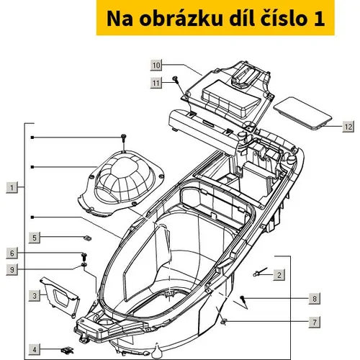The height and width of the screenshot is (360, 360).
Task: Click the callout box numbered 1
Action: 12,187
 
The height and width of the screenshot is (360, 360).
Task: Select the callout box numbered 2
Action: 279,275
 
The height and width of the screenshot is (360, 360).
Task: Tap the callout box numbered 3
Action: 35,296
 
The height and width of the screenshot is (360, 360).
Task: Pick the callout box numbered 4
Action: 35,349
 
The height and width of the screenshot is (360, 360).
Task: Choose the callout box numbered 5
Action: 35,238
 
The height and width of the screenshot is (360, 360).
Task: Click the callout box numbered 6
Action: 12,253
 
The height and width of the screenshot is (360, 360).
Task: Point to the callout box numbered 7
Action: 315,322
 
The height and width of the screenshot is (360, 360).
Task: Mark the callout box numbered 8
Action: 315,299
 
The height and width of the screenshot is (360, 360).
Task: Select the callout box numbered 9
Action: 12,269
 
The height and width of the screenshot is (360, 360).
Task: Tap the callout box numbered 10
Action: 156,65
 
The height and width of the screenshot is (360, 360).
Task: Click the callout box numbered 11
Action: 156,83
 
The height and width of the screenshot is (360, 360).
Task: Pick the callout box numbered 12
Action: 348,127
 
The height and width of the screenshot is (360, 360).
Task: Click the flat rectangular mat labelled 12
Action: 302,113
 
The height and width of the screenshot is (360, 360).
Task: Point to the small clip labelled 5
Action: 88,238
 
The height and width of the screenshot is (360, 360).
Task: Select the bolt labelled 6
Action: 84,257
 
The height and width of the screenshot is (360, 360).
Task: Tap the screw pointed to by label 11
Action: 176,80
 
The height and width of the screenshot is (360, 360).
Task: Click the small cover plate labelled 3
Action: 59,296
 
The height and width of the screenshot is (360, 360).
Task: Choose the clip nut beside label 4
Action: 67,350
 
